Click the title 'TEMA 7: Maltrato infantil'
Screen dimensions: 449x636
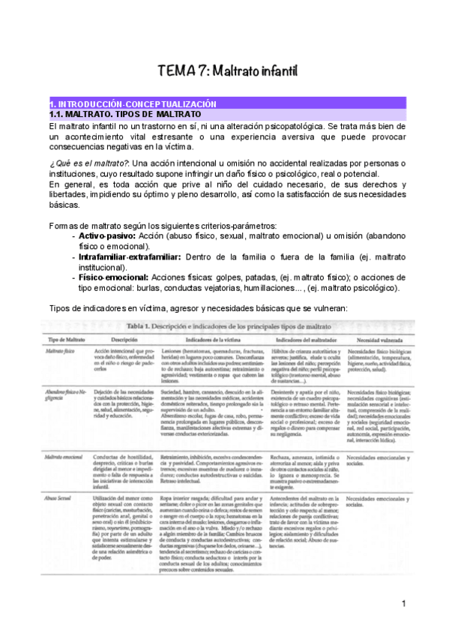click(228, 71)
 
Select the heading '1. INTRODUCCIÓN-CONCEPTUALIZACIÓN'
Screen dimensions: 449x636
click(133, 103)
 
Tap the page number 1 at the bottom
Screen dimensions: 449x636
click(403, 604)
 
